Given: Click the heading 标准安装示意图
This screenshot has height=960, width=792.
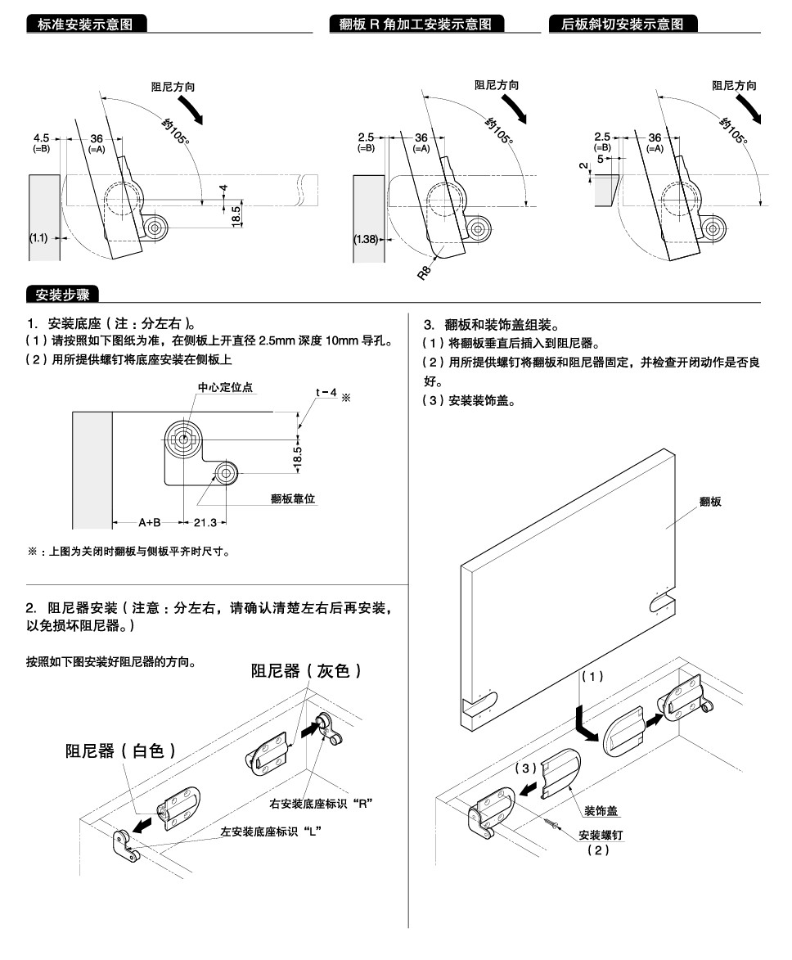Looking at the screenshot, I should [x=88, y=25].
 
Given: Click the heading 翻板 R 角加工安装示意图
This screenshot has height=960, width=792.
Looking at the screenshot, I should [x=416, y=25].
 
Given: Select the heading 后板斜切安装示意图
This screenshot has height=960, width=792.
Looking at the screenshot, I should [x=623, y=25].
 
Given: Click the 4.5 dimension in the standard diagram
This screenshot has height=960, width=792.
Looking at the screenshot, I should [x=41, y=138].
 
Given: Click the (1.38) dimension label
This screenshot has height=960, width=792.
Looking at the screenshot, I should [x=366, y=239].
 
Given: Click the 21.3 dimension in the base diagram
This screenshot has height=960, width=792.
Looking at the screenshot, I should [x=205, y=522].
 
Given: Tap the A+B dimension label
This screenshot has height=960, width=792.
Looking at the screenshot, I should [x=149, y=522].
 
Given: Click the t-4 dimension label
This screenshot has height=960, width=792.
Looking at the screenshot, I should [x=326, y=392].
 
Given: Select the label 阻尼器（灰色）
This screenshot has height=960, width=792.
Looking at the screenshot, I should [x=306, y=671].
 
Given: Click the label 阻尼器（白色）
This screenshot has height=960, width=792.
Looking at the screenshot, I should [x=120, y=750].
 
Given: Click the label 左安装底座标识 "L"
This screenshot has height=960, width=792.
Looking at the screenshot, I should [x=269, y=831].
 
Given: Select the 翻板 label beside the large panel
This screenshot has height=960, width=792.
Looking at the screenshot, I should [x=710, y=502].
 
